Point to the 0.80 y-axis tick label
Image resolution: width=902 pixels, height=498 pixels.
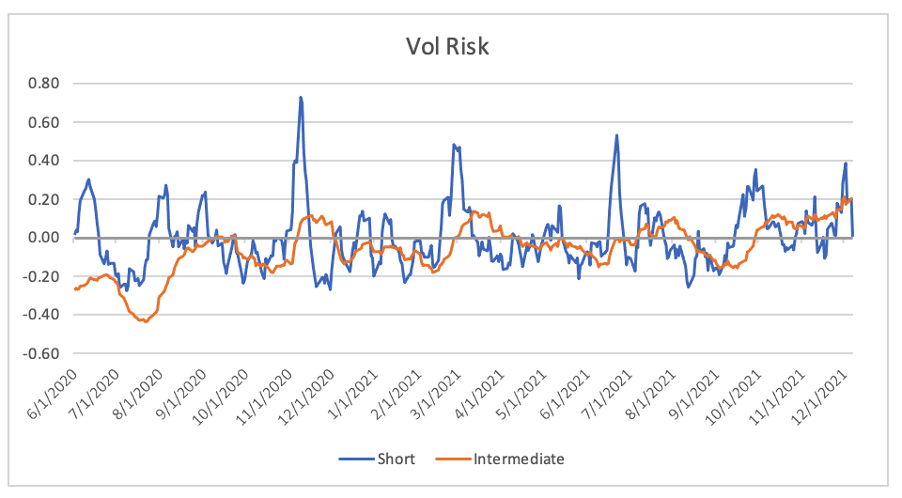(x=43, y=84)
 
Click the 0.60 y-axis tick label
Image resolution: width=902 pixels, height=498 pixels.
(x=43, y=122)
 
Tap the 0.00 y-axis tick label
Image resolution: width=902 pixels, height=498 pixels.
(x=43, y=238)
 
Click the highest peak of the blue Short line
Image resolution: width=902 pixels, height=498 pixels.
(x=301, y=97)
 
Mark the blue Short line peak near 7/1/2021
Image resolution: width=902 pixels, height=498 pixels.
(x=616, y=135)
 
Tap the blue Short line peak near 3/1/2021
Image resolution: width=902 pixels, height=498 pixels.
(x=454, y=145)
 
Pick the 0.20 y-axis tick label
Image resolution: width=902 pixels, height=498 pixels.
(x=43, y=199)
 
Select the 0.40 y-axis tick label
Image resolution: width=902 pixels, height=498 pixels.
(x=43, y=161)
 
